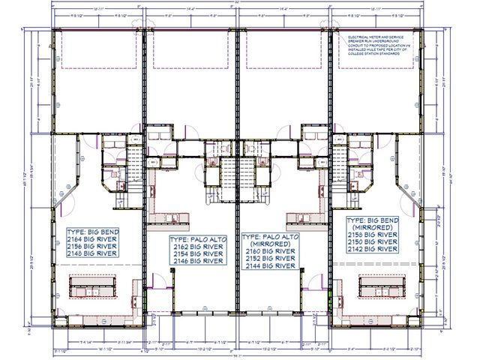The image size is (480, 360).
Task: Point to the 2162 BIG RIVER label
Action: (x=197, y=246)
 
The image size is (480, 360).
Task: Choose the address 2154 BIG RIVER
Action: (x=197, y=254)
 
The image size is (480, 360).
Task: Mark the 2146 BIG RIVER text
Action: (x=197, y=262)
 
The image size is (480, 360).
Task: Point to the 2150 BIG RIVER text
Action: (x=373, y=242)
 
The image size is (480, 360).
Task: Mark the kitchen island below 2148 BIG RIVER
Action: (x=94, y=286)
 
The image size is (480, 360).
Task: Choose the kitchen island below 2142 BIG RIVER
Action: (x=383, y=286)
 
